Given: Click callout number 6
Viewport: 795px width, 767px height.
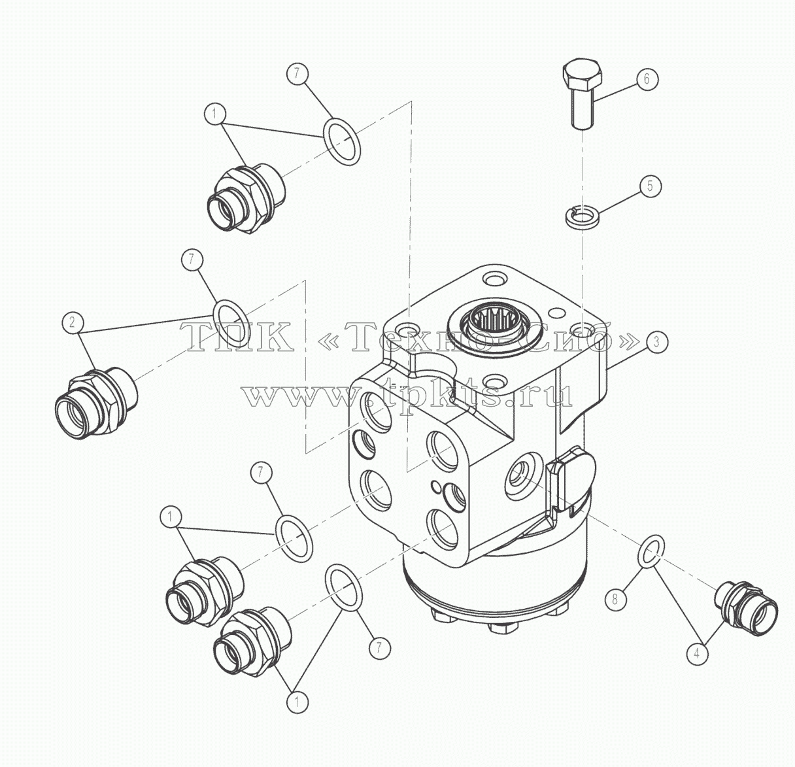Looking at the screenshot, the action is pyautogui.click(x=647, y=79).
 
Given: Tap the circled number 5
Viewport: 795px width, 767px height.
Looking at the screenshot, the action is pyautogui.click(x=649, y=186).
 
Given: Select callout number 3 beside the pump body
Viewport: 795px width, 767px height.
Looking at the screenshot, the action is pyautogui.click(x=656, y=341).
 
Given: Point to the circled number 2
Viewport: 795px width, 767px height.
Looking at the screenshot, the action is pyautogui.click(x=73, y=322).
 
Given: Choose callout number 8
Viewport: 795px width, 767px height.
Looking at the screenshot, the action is pyautogui.click(x=615, y=600).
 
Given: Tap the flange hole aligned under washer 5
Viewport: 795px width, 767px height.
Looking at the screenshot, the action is pyautogui.click(x=583, y=329).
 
